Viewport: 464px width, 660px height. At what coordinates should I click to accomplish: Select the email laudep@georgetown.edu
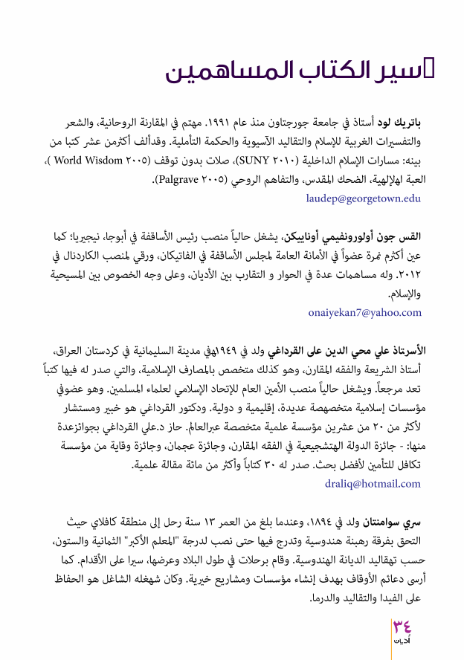point(363,198)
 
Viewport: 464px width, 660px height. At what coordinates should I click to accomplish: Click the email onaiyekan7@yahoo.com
point(364,313)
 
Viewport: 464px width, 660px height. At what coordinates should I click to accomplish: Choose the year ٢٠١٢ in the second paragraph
point(407,274)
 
